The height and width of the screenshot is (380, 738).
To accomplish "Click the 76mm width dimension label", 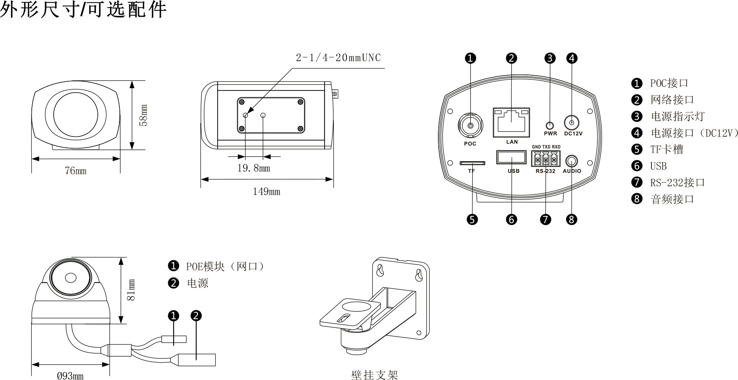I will click(76, 171).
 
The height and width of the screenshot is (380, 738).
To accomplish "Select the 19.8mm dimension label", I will click(254, 168).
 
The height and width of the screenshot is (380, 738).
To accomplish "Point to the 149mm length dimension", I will click(266, 192).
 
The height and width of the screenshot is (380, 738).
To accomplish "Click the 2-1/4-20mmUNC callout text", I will click(338, 58).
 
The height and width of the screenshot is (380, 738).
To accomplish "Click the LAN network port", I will click(511, 123).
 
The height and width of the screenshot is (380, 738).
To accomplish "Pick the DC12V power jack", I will click(572, 123).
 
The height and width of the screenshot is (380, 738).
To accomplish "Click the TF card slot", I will click(472, 163).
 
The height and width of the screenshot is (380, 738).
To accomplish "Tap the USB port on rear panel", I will click(511, 157).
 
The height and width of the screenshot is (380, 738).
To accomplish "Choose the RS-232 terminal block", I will click(546, 159).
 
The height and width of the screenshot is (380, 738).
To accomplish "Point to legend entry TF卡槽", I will click(667, 149).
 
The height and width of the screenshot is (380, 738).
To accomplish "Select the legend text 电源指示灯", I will click(678, 116).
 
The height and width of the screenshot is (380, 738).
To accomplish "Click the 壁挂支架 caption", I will click(374, 375).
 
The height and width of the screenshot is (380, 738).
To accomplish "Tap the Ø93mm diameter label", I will click(70, 376).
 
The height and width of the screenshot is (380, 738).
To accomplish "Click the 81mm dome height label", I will click(131, 290).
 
